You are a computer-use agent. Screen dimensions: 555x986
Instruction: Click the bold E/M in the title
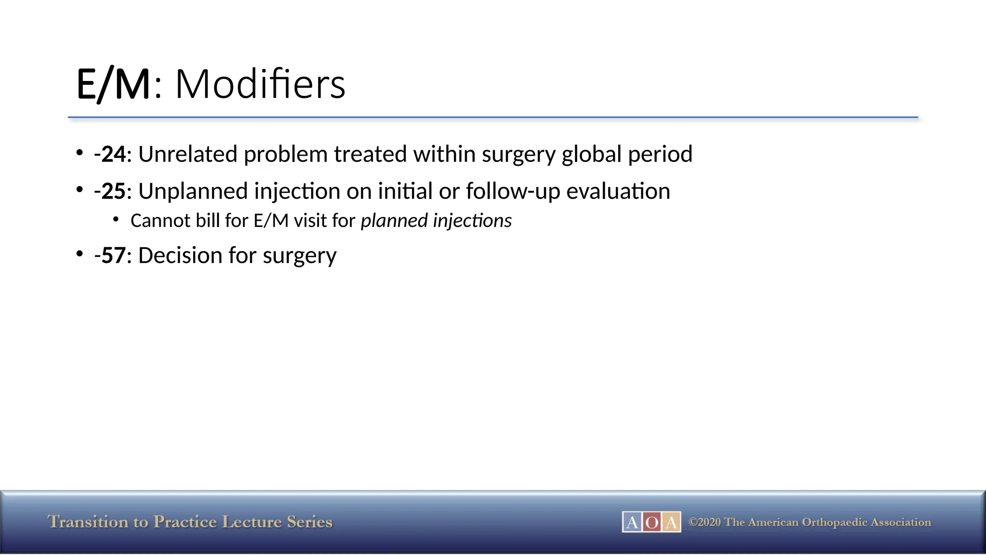(x=113, y=85)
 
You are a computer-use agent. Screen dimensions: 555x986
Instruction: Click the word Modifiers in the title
(x=260, y=85)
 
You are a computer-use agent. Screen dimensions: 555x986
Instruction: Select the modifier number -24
(x=110, y=155)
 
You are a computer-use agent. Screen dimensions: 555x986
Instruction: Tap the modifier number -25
(x=110, y=192)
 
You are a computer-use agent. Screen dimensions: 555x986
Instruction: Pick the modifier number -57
(x=110, y=256)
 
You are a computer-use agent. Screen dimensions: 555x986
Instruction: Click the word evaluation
(x=618, y=192)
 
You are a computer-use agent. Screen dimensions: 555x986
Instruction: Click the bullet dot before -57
(x=80, y=253)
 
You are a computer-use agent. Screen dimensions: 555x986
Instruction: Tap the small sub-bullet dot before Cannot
(x=116, y=219)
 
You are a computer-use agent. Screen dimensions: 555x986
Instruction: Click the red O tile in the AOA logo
(x=651, y=522)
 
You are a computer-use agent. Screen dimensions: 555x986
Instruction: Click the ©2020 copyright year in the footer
(x=705, y=522)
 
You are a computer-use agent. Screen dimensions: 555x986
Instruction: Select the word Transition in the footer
(x=88, y=522)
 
